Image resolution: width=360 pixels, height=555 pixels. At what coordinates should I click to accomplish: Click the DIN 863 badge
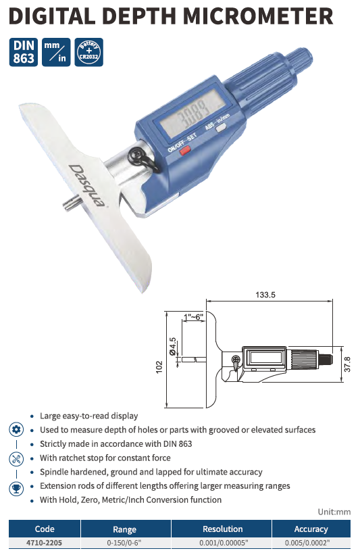click(x=24, y=52)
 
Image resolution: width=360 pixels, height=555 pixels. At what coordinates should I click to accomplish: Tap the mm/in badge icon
click(x=56, y=52)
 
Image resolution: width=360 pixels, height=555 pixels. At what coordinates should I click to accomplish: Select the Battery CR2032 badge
click(x=88, y=52)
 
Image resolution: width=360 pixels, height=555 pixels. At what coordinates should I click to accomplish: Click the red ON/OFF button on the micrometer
click(x=184, y=151)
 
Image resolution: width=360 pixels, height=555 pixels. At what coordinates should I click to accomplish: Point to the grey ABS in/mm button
click(x=222, y=128)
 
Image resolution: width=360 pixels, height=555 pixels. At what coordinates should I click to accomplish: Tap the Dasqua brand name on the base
click(x=87, y=186)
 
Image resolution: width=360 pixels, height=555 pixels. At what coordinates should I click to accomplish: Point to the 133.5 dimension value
click(x=265, y=295)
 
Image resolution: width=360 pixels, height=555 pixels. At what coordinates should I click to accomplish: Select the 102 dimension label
click(x=159, y=366)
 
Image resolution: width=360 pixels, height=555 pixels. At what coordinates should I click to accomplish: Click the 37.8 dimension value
click(x=347, y=364)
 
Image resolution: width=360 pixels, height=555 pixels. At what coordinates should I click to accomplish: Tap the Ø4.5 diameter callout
click(x=173, y=347)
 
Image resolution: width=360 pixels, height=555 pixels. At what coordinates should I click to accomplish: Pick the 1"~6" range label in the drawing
click(x=193, y=317)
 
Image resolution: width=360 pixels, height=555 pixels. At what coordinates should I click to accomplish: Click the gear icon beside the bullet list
click(x=16, y=430)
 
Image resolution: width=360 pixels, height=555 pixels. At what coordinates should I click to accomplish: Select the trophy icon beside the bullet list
click(x=16, y=489)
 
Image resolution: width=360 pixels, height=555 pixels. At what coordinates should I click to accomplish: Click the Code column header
click(x=45, y=529)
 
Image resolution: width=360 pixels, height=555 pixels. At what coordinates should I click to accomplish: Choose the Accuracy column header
click(x=311, y=529)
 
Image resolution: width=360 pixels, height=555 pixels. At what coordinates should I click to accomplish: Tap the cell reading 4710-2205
click(x=44, y=543)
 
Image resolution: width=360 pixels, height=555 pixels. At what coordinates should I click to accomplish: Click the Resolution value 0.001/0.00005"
click(x=224, y=543)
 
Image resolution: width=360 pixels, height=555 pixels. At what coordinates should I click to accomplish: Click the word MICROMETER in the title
click(x=258, y=16)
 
